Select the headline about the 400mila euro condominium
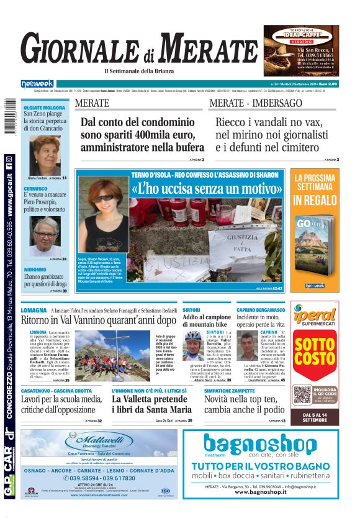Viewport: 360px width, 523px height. [x=142, y=135]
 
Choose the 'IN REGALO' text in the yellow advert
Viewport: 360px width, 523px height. [x=314, y=200]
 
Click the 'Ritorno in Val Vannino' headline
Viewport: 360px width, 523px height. [x=99, y=321]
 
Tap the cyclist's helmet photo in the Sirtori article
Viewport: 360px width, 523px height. [x=193, y=338]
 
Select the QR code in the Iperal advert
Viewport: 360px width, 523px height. [x=301, y=394]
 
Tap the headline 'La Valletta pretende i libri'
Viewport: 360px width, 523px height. [x=151, y=404]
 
